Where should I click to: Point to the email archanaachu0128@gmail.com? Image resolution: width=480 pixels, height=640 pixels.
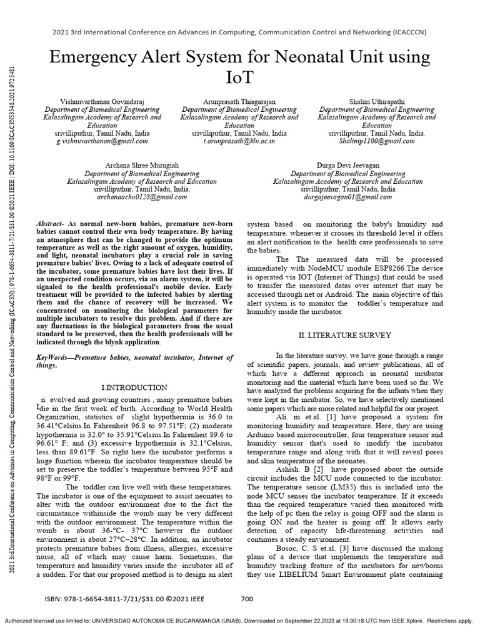coord(142,196)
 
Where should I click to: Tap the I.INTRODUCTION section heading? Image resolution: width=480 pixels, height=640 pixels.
coord(134,387)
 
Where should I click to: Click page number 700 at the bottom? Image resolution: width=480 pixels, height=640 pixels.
coord(247,599)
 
